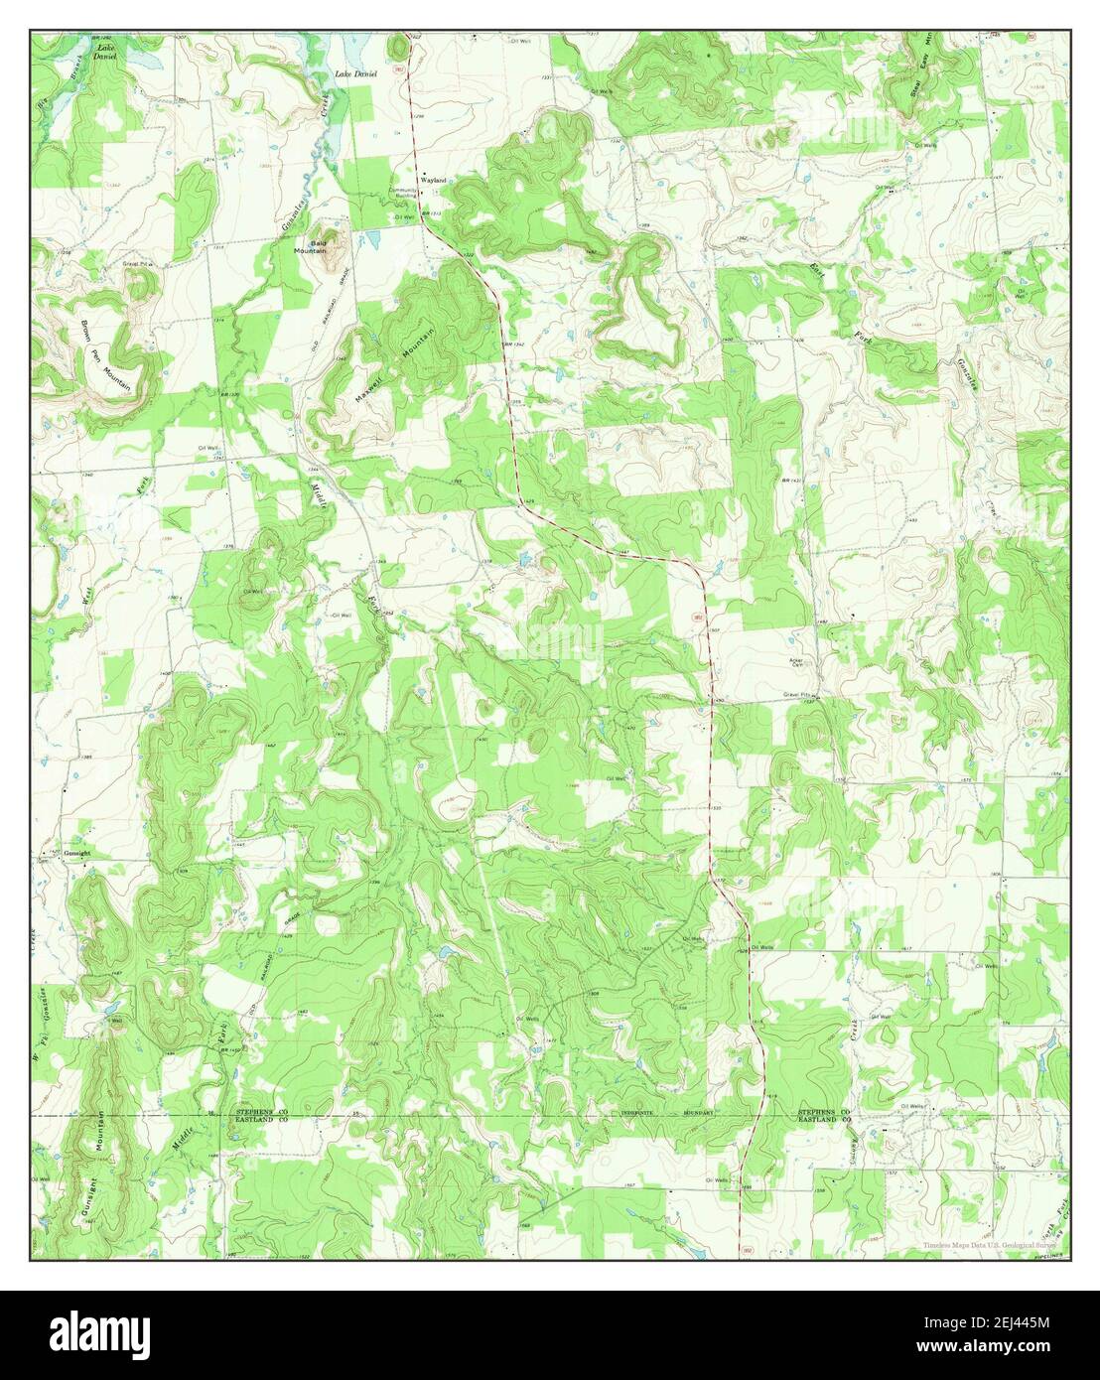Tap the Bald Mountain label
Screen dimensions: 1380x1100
click(319, 247)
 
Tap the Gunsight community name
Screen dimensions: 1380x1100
click(77, 853)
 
